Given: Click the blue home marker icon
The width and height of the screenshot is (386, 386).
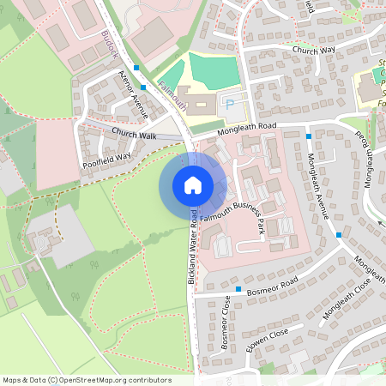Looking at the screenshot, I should (x=192, y=184).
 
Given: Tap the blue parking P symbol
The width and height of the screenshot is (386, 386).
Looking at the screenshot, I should (x=229, y=103).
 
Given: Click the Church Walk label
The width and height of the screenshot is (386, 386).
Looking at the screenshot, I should (x=135, y=135).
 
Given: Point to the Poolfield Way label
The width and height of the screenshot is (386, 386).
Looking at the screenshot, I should (x=106, y=156).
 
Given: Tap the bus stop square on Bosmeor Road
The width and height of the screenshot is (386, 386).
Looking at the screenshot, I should (x=239, y=289).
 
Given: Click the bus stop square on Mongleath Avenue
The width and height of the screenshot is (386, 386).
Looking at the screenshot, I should (x=340, y=234).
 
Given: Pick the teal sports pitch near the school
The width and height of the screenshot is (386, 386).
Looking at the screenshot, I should (x=216, y=69).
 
